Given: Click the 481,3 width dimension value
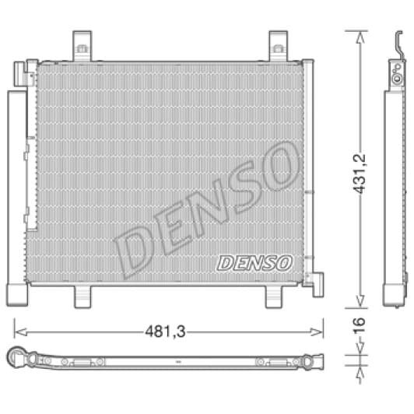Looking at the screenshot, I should click(163, 330).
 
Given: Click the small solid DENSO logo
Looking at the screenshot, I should click(254, 263).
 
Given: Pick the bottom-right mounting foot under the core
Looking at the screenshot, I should click(277, 296).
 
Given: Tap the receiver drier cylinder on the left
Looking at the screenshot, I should click(16, 187).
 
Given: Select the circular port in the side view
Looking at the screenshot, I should click(397, 77).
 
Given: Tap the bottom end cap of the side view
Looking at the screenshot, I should click(395, 295).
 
